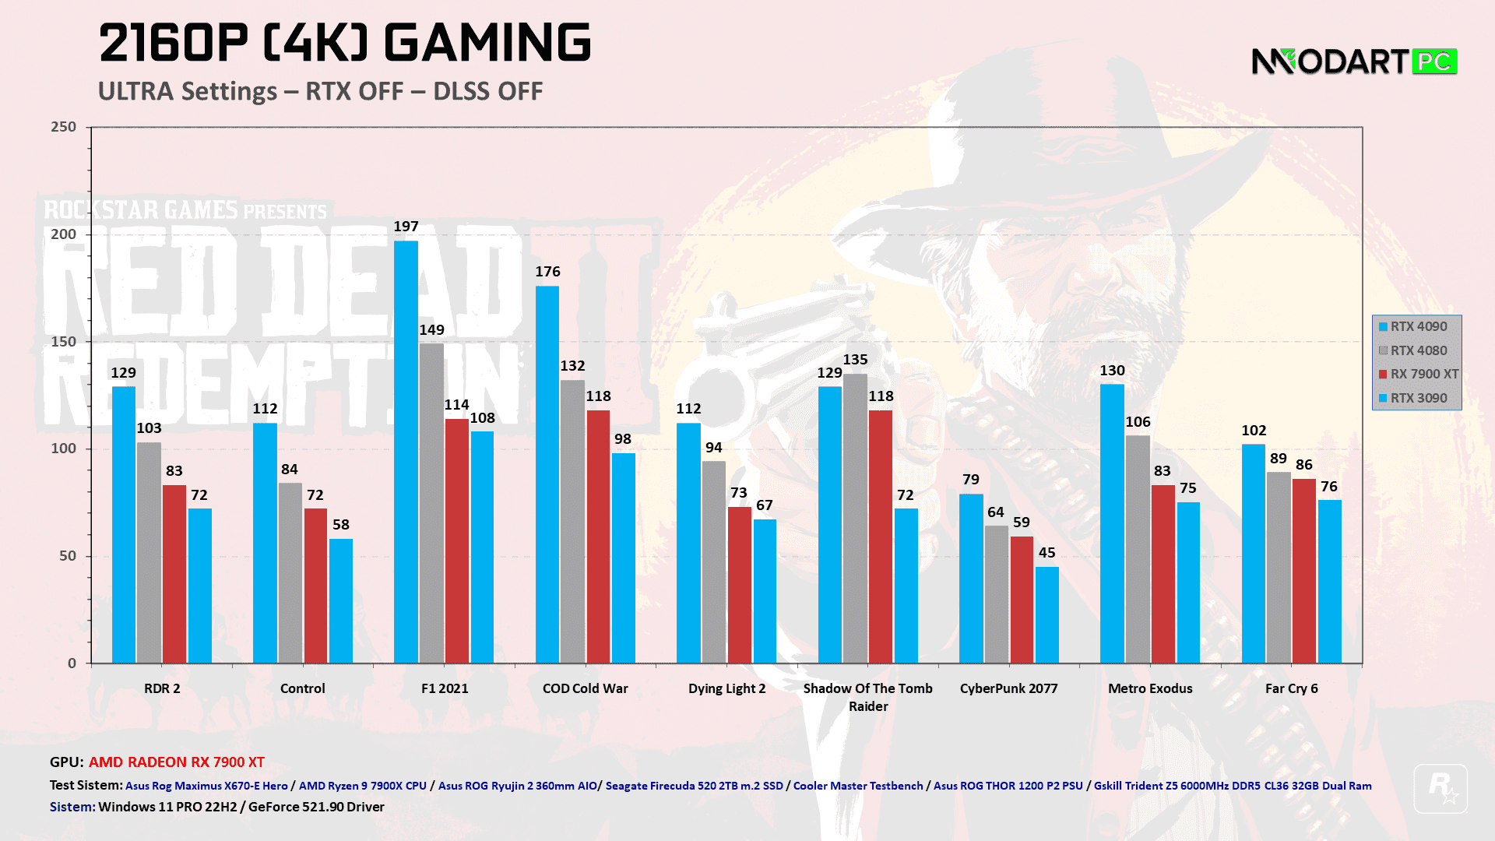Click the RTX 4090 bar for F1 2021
(x=406, y=452)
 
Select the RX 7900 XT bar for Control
(x=315, y=586)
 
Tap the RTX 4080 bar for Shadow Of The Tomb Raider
(x=855, y=519)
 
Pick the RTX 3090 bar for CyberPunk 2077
(x=1047, y=615)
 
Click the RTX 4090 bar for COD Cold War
(x=547, y=475)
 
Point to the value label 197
(x=406, y=227)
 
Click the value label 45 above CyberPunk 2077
(x=1047, y=553)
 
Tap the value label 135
(x=855, y=360)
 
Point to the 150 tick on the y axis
(x=64, y=342)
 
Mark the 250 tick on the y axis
(x=64, y=127)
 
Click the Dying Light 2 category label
(x=726, y=688)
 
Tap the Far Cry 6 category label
(x=1291, y=688)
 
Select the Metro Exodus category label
(x=1150, y=688)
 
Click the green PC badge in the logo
(x=1433, y=61)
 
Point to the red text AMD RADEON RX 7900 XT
(x=177, y=762)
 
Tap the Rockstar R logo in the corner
(x=1440, y=789)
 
